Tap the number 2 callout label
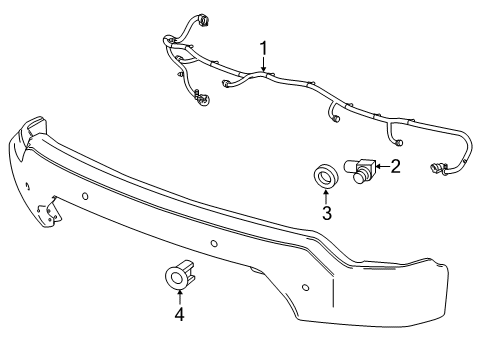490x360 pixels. tap(395, 166)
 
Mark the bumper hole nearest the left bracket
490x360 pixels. tap(86, 193)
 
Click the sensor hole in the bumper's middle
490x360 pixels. tap(215, 243)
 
